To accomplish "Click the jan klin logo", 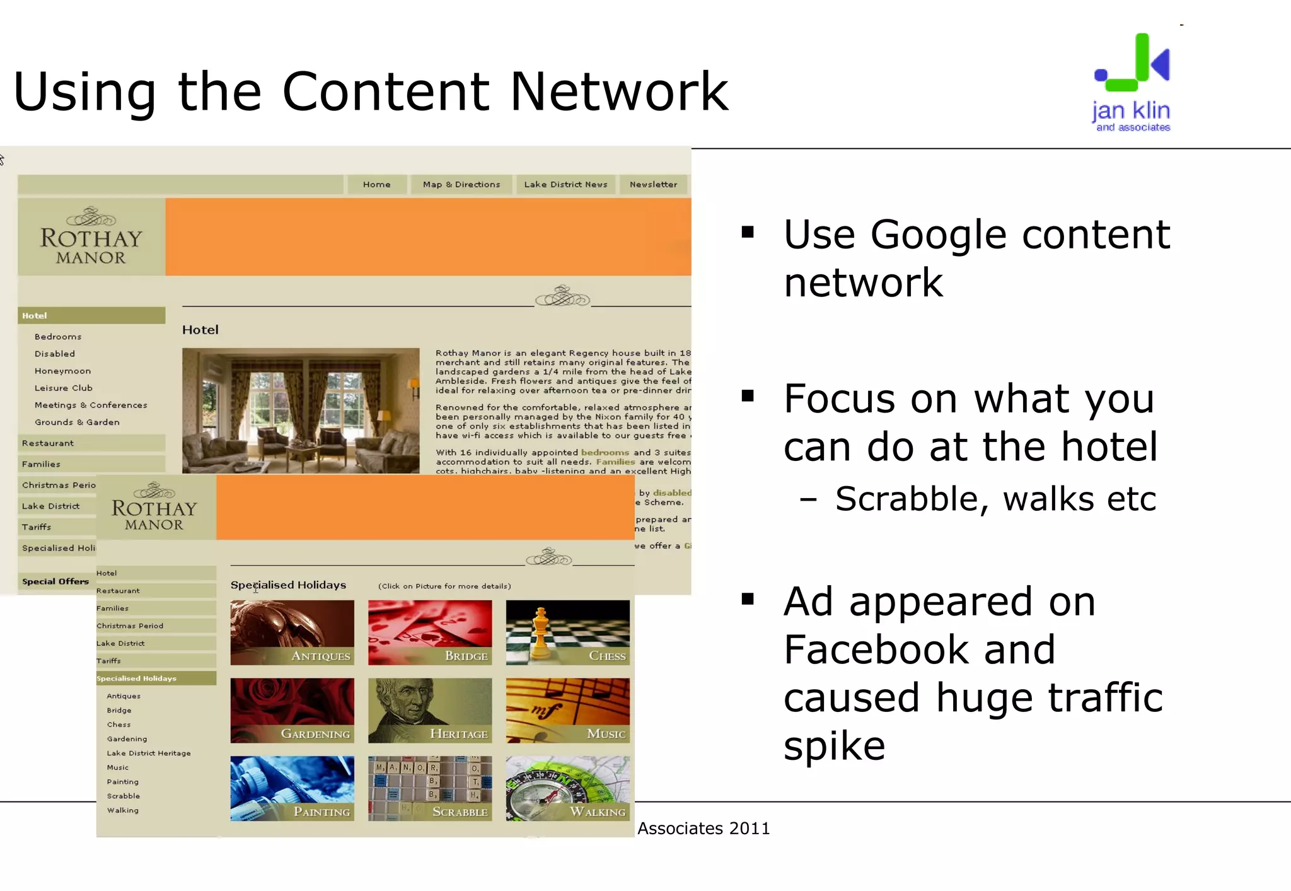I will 1132,83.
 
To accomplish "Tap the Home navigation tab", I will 376,184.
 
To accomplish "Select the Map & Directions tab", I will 461,184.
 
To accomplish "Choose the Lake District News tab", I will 565,184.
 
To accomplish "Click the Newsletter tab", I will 653,184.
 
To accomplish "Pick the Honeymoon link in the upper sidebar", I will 62,371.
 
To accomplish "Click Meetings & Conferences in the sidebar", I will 91,405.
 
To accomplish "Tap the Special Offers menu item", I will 55,581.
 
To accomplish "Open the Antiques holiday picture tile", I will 292,632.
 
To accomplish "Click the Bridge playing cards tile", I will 430,632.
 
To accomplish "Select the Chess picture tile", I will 567,632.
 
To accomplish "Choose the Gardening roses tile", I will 292,711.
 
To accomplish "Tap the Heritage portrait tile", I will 430,711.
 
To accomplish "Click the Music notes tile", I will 567,711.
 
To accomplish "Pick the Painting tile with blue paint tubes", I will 292,788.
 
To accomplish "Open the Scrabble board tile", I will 430,788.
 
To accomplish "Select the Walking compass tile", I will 567,788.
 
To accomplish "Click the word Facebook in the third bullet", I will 919,649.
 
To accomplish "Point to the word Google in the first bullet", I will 939,235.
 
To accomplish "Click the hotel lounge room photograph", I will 301,411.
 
